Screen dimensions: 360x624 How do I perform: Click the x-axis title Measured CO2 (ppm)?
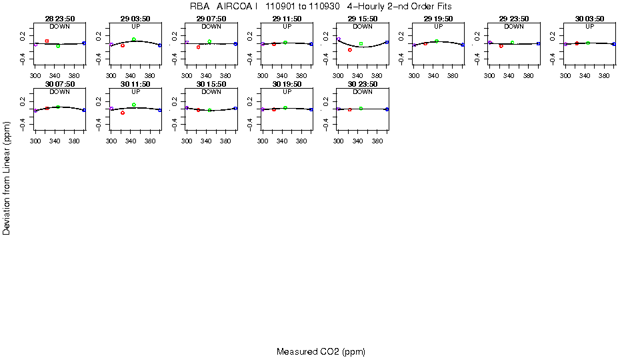321,351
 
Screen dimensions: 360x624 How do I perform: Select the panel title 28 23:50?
60,19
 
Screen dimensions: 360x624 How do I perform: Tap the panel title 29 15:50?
363,19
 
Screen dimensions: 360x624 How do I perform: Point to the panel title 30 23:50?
363,84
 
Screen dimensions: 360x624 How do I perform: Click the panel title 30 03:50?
590,19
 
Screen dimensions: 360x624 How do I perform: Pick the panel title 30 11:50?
135,84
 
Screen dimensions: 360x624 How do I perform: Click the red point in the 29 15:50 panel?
350,50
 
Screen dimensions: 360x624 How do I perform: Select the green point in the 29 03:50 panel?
134,39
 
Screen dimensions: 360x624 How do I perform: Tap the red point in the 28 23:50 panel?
47,41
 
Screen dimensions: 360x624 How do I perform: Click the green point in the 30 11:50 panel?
134,105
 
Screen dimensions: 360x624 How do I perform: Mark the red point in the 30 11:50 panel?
123,113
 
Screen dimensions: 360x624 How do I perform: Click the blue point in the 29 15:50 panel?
387,42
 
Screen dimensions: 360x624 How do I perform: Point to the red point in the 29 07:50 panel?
199,47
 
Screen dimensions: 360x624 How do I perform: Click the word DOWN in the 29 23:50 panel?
514,27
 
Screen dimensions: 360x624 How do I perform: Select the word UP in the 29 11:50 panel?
287,27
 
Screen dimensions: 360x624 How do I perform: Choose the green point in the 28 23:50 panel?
59,46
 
